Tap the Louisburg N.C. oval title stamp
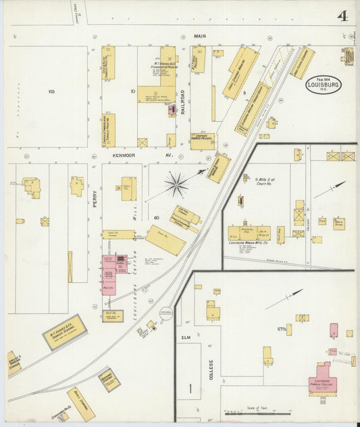click(x=324, y=85)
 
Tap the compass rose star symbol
click(x=176, y=184)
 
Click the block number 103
click(x=50, y=91)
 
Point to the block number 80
click(x=156, y=218)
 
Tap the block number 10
click(x=134, y=90)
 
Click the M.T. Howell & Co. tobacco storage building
click(x=65, y=331)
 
